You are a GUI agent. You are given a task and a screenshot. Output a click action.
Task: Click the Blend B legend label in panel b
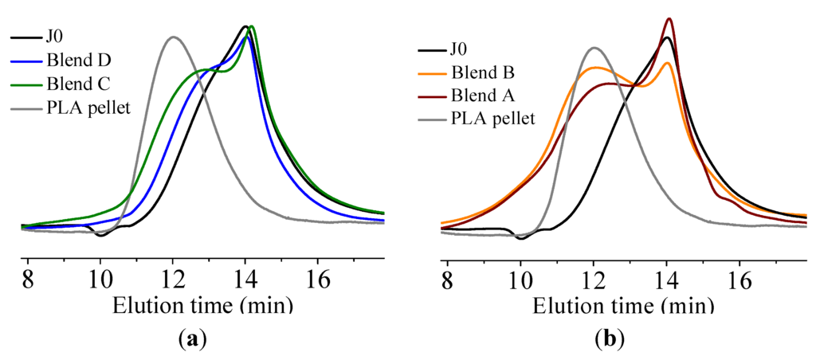coord(483,72)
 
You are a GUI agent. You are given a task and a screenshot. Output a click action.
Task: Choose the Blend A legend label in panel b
coord(483,96)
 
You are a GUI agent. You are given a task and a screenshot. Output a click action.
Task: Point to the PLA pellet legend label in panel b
coord(492,119)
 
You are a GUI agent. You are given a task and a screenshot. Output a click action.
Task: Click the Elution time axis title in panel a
coord(202,306)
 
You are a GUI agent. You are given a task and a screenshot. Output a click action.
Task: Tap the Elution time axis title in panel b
coord(622,306)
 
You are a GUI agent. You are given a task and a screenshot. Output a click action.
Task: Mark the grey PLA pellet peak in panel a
coord(173,37)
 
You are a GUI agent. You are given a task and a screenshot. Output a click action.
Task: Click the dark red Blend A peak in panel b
coord(669,19)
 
